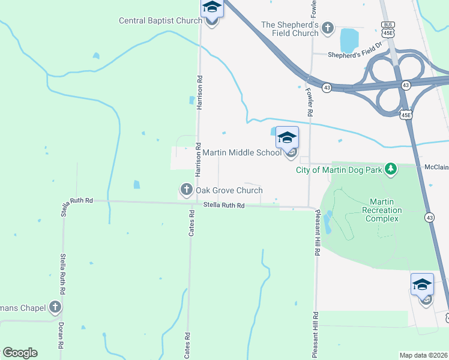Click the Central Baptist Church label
[160, 20]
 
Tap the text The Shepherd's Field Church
[290, 29]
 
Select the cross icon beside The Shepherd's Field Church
[328, 27]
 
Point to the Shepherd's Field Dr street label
[355, 51]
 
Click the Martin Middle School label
[241, 152]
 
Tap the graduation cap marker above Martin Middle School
[287, 137]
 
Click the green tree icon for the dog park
[391, 169]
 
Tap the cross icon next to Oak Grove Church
[186, 190]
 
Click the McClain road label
[436, 167]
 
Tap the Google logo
[20, 353]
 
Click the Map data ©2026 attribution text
[423, 355]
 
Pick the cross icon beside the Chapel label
[55, 308]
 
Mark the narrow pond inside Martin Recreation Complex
[327, 223]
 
